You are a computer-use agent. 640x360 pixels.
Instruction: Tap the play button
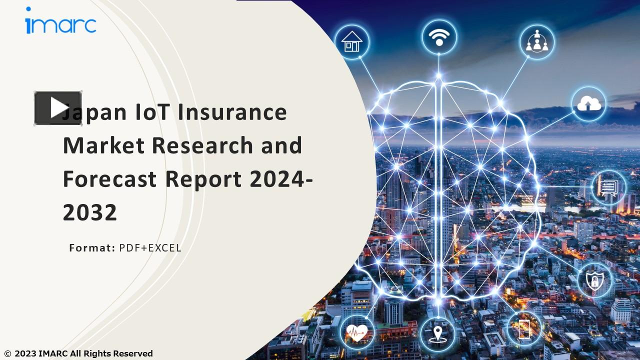58,108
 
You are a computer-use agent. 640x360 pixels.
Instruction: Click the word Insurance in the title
232,111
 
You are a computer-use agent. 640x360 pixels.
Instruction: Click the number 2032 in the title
89,212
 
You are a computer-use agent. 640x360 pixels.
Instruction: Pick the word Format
92,247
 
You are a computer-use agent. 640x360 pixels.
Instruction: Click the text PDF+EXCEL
150,247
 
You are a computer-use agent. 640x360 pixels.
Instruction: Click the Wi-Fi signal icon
439,36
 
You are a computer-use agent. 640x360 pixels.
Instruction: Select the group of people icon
536,42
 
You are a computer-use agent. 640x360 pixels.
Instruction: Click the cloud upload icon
588,103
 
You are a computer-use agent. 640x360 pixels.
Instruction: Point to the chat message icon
608,187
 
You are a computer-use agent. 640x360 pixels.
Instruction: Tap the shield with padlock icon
594,280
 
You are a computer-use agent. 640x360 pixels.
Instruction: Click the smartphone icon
524,328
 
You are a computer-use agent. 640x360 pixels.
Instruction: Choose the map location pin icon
437,332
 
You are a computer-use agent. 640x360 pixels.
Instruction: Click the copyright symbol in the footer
7,354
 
